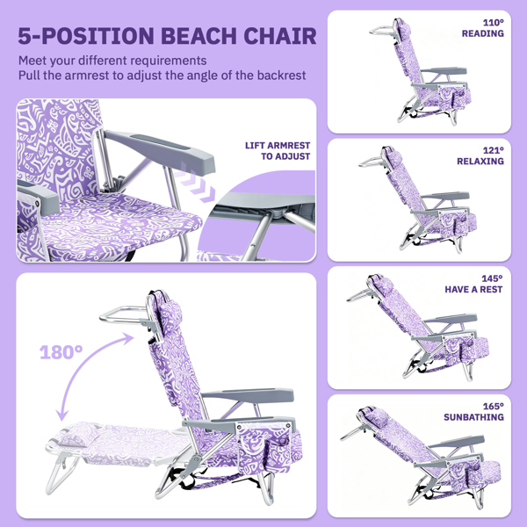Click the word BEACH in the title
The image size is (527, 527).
(199, 36)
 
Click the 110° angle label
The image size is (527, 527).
(493, 23)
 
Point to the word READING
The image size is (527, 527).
(482, 33)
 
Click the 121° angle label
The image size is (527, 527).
(493, 150)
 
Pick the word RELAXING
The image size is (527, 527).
(480, 162)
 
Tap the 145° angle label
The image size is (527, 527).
(492, 278)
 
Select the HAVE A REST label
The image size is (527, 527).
(473, 289)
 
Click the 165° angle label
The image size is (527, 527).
(493, 406)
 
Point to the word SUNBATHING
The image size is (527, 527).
(473, 417)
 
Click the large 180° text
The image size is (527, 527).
(61, 352)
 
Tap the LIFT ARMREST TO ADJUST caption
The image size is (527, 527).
(278, 151)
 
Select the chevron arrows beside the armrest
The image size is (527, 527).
(195, 183)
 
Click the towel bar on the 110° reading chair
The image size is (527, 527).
(383, 31)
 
